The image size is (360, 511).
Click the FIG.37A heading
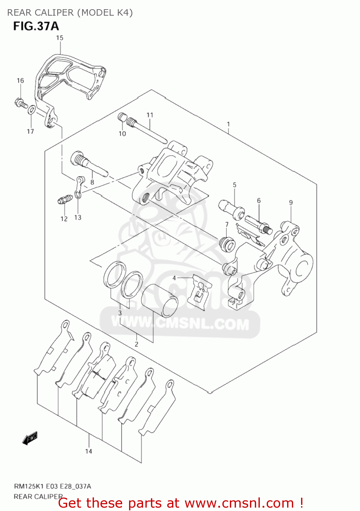pyautogui.click(x=36, y=26)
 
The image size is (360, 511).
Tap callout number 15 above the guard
pyautogui.click(x=60, y=38)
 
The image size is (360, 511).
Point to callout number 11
pyautogui.click(x=150, y=115)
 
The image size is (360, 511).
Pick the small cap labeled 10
pyautogui.click(x=122, y=118)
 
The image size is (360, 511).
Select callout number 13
pyautogui.click(x=78, y=217)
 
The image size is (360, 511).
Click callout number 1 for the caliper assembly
pyautogui.click(x=228, y=124)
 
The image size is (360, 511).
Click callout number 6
pyautogui.click(x=259, y=201)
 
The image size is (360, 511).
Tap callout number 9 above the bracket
pyautogui.click(x=291, y=202)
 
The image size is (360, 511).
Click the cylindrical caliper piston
pyautogui.click(x=159, y=300)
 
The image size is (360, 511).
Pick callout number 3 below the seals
pyautogui.click(x=120, y=313)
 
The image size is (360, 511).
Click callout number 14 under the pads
pyautogui.click(x=89, y=451)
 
